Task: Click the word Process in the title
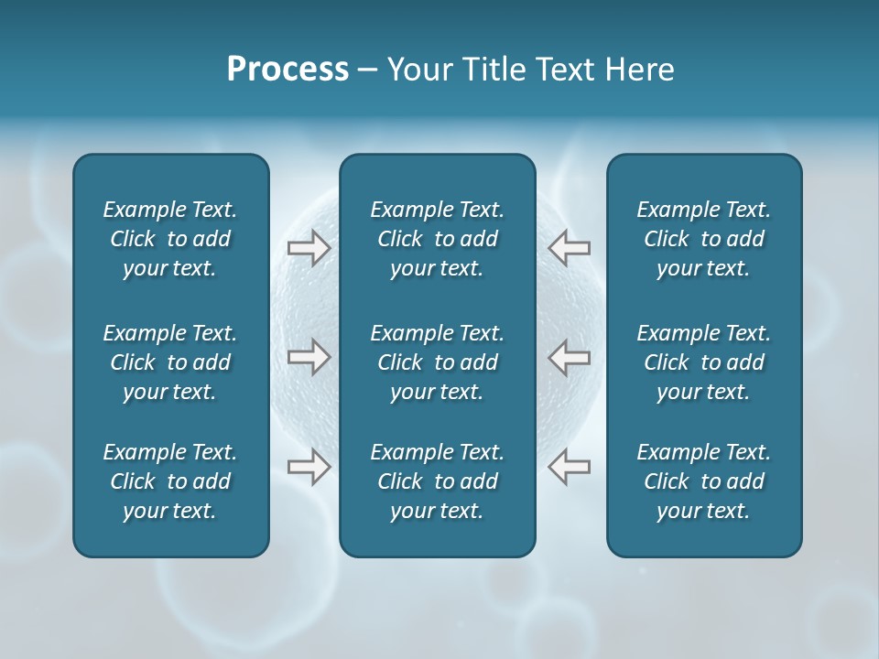point(288,70)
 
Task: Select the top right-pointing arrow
point(309,248)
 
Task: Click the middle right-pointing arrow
point(309,357)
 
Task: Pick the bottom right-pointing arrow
point(309,467)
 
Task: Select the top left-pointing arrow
point(570,248)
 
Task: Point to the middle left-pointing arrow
point(570,357)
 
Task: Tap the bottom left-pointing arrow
point(570,467)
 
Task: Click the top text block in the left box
point(170,239)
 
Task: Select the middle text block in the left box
point(170,362)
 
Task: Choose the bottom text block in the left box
point(170,481)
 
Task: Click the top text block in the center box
point(437,239)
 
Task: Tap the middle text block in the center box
point(437,362)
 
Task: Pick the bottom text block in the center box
point(437,481)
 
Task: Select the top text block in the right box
point(703,239)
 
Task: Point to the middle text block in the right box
point(703,362)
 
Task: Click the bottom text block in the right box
point(703,481)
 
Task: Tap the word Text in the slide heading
point(565,70)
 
